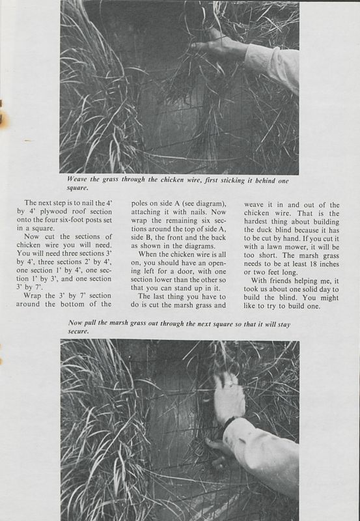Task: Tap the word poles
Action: tap(141, 203)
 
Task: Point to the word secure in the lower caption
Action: tap(78, 331)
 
